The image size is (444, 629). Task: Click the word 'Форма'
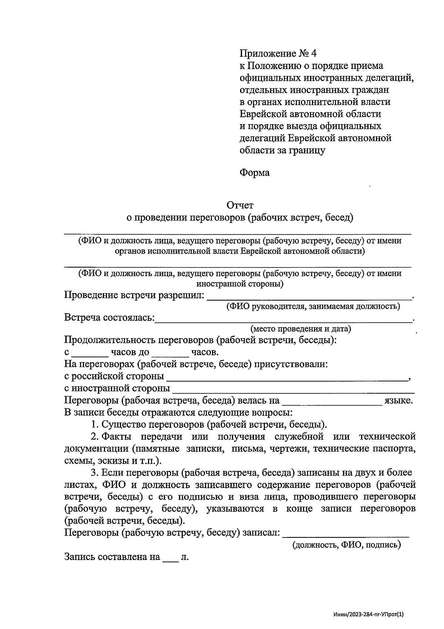255,173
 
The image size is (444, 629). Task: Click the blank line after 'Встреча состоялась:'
283,320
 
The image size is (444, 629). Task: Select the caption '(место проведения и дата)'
300,329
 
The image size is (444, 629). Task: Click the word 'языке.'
398,401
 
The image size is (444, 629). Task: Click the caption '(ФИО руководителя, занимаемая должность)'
313,307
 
